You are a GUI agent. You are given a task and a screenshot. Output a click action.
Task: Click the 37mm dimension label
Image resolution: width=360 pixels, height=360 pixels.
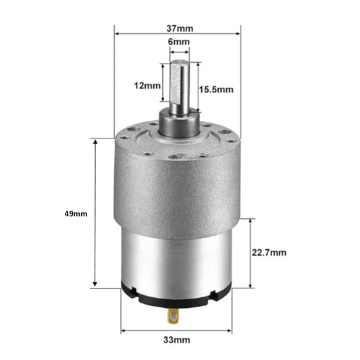(x=178, y=28)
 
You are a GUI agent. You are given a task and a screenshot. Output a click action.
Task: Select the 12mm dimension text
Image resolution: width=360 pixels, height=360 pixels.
(x=147, y=86)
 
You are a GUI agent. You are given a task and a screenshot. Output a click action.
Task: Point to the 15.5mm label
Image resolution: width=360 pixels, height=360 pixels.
(x=216, y=88)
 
